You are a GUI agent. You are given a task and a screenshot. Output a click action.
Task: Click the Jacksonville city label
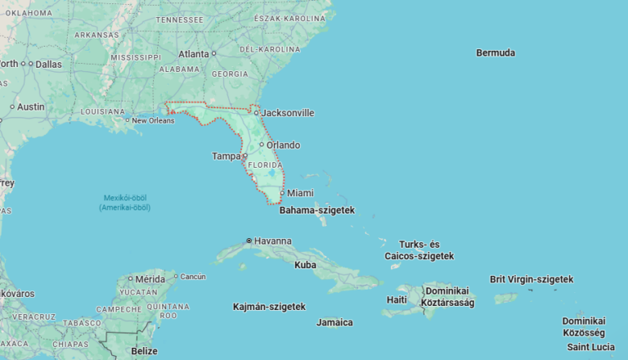coord(287,113)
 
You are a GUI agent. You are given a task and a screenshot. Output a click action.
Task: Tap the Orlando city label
coord(283,145)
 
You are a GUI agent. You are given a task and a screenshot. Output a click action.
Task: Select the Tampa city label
coord(227,156)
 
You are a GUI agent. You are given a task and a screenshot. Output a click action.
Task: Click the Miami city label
coord(300,193)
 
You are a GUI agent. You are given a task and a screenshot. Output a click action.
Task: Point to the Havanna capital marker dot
coord(249,241)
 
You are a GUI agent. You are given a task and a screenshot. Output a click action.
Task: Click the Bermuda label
coord(496,52)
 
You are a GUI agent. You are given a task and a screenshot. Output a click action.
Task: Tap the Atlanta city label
coord(194,54)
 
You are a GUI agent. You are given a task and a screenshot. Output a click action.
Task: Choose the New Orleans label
coord(153,120)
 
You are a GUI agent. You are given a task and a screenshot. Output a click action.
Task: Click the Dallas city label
coord(48,64)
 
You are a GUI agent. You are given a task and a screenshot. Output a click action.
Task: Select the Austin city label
coord(30,106)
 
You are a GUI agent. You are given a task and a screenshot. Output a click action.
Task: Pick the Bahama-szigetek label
coord(317,210)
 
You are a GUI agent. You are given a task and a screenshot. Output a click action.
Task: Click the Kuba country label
coord(305,265)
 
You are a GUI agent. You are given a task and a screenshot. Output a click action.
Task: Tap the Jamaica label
coord(334,322)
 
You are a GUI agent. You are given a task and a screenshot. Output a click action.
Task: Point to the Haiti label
coord(396,300)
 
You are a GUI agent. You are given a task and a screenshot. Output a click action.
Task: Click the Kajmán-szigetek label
coord(269,307)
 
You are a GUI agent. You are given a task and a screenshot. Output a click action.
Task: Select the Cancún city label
coord(193,277)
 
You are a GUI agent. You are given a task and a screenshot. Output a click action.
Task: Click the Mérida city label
coord(150,279)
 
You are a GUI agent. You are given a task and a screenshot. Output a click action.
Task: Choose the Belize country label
coord(144,351)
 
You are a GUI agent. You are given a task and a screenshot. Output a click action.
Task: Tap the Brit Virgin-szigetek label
coord(532,279)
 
